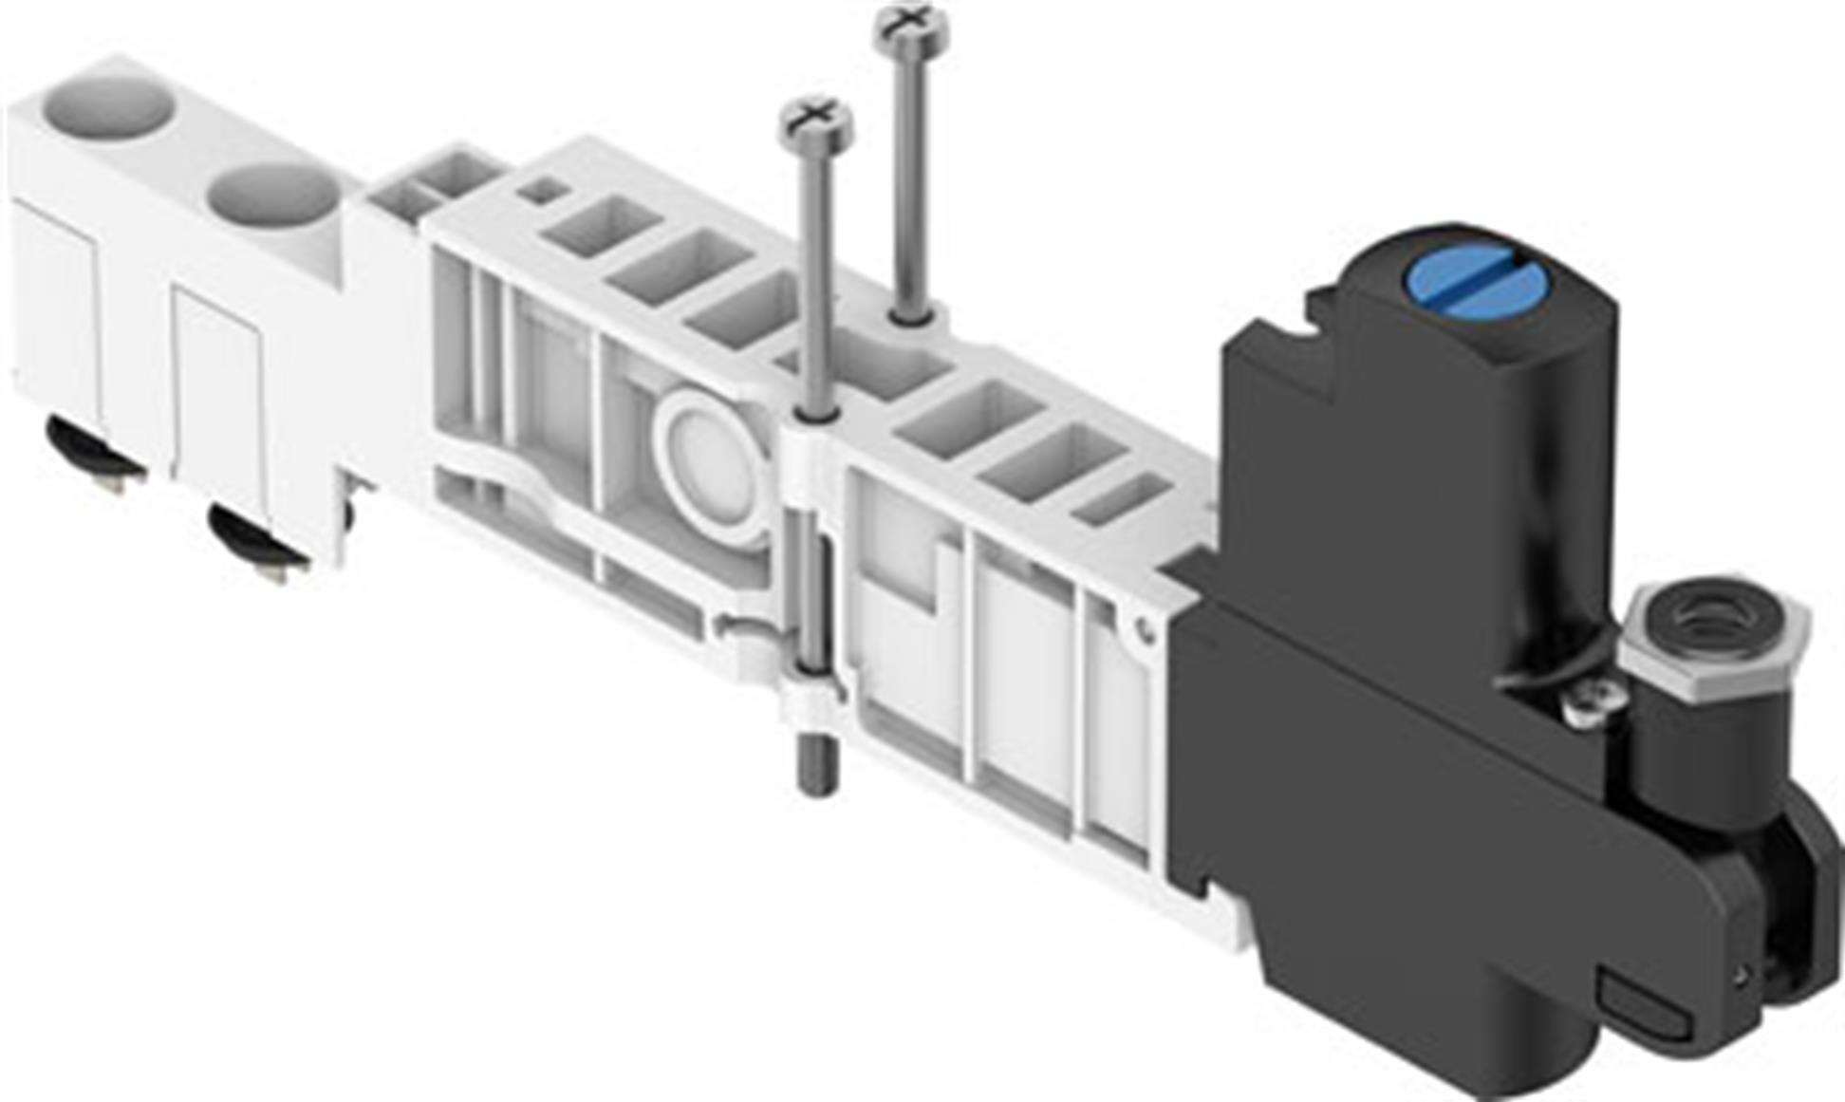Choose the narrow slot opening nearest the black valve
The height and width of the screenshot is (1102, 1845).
1123,500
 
